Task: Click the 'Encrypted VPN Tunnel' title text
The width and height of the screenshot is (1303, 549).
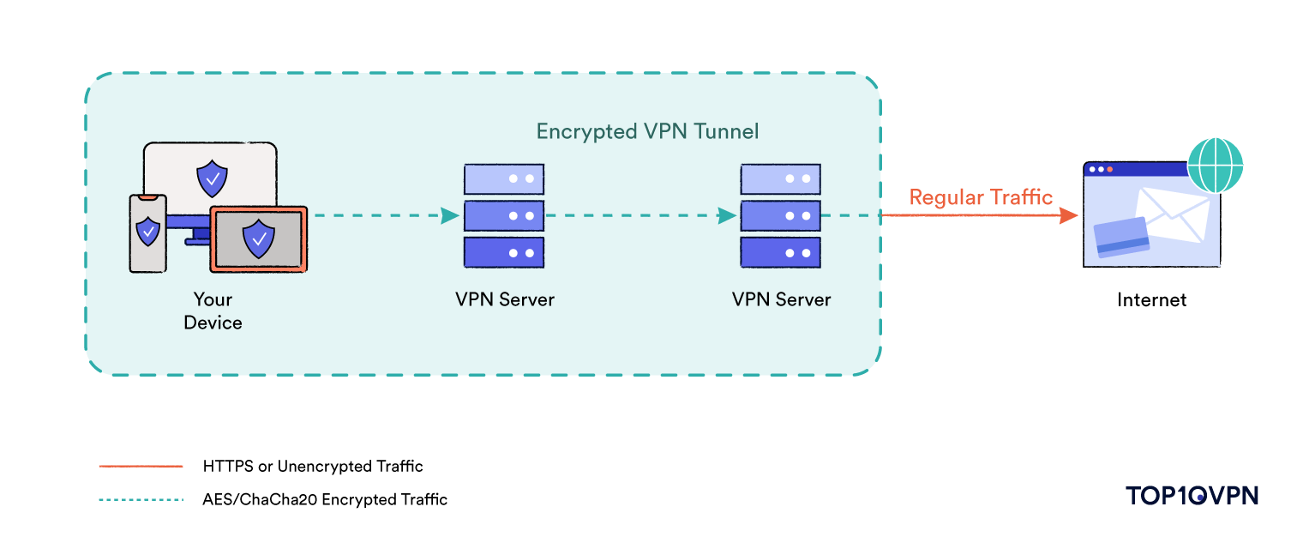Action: coord(647,131)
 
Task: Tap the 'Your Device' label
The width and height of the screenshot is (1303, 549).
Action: coord(213,311)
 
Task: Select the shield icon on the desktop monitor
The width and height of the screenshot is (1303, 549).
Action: coord(212,179)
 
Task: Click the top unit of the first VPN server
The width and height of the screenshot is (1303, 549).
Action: coord(504,178)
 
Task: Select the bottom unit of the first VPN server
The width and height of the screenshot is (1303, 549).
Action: coord(504,253)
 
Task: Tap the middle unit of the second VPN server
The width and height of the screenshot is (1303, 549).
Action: coord(780,215)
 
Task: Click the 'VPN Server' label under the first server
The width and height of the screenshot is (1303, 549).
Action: coord(504,299)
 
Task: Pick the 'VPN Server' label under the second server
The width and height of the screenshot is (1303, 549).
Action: coord(781,299)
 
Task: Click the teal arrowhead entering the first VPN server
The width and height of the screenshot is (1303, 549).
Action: coord(449,216)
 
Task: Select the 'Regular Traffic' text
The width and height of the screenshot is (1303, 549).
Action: coord(981,197)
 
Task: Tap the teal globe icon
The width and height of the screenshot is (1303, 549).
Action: coord(1215,164)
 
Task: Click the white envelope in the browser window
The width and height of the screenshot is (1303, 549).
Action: coord(1170,217)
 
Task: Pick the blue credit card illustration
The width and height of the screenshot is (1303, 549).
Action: coord(1121,237)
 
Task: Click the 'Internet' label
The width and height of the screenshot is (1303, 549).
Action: coord(1151,299)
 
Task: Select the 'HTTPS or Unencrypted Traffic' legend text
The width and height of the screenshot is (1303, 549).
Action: coord(313,467)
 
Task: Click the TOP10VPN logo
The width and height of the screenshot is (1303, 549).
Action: coord(1192,495)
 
